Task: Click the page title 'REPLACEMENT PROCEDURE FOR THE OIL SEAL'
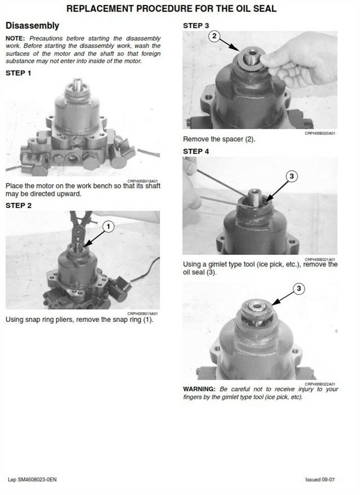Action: point(171,9)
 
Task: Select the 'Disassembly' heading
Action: point(32,26)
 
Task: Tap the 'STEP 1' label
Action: point(18,73)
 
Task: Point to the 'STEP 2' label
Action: point(18,205)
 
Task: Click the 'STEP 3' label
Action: point(196,26)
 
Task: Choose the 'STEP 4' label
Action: point(196,151)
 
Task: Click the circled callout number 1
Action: point(108,227)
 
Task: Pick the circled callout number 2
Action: point(214,36)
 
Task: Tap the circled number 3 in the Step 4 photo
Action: point(292,176)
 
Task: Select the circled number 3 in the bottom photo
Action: point(299,288)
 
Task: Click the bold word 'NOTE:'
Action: point(15,39)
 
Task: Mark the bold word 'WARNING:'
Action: point(199,389)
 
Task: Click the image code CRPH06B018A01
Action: point(142,181)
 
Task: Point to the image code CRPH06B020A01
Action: point(320,133)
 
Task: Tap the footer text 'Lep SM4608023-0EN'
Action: point(32,480)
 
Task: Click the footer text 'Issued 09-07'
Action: point(320,480)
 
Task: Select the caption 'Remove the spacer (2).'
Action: point(219,139)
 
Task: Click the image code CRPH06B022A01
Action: point(320,384)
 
